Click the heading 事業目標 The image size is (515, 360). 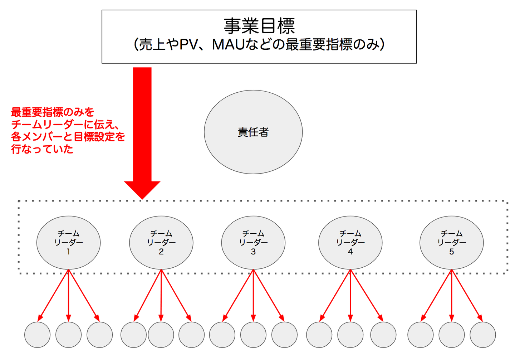click(x=259, y=26)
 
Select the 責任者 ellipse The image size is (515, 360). click(x=253, y=132)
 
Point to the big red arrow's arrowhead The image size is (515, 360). click(x=142, y=189)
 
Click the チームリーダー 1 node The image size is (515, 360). click(x=68, y=243)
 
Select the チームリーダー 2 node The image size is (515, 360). click(x=161, y=243)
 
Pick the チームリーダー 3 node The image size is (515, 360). click(x=253, y=243)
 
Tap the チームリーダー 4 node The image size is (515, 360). click(x=350, y=243)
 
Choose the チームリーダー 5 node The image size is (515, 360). click(x=451, y=243)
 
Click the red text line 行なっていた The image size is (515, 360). click(x=42, y=149)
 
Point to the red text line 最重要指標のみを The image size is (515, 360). click(x=53, y=112)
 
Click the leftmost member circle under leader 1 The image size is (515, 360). click(x=37, y=335)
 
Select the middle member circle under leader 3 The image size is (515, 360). click(x=253, y=335)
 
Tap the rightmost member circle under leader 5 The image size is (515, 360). click(x=482, y=335)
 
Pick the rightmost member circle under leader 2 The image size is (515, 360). click(x=191, y=335)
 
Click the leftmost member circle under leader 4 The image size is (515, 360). click(x=319, y=335)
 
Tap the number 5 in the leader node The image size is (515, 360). click(x=451, y=252)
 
